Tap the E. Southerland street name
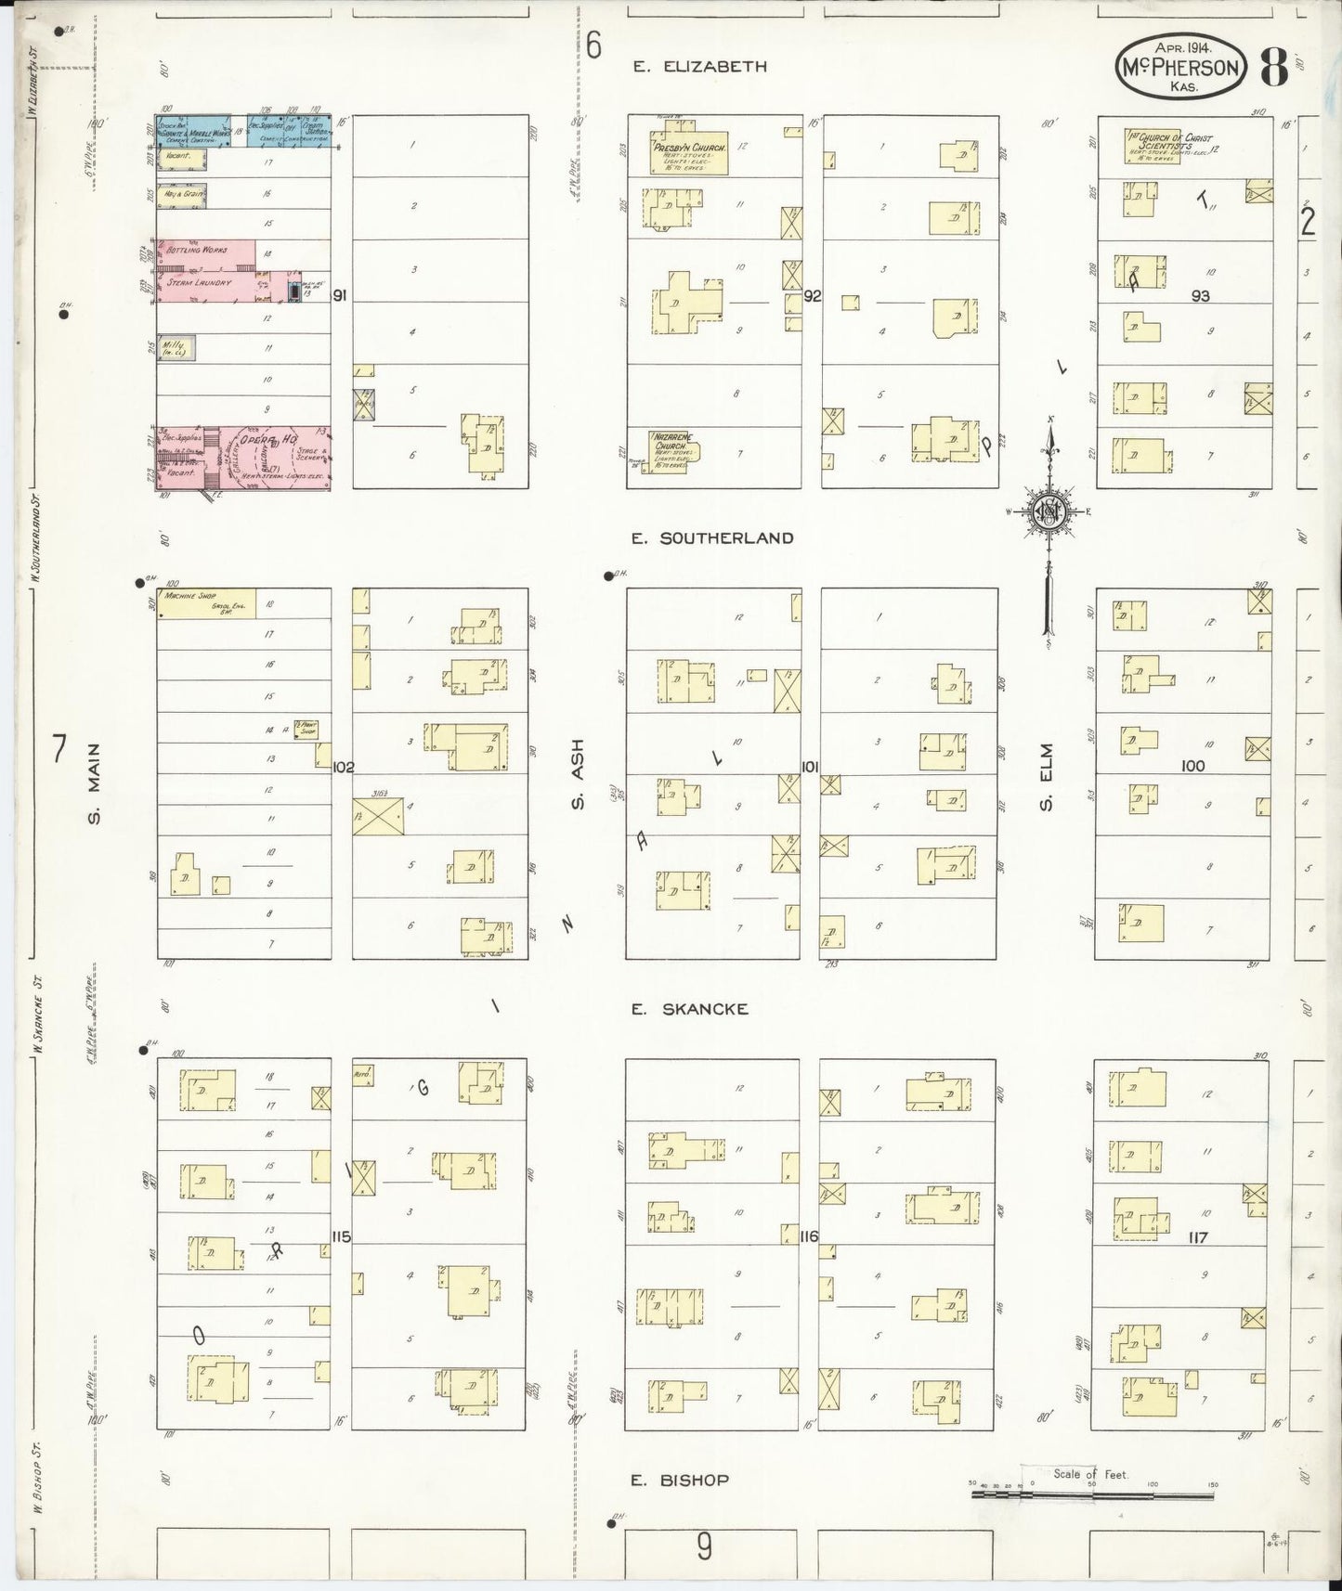(x=712, y=537)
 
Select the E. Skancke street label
(x=689, y=1008)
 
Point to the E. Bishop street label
(x=680, y=1480)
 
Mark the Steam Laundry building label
(x=199, y=282)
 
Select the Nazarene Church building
(x=673, y=451)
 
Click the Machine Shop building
(x=206, y=601)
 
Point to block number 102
(x=344, y=767)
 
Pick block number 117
(x=1197, y=1237)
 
